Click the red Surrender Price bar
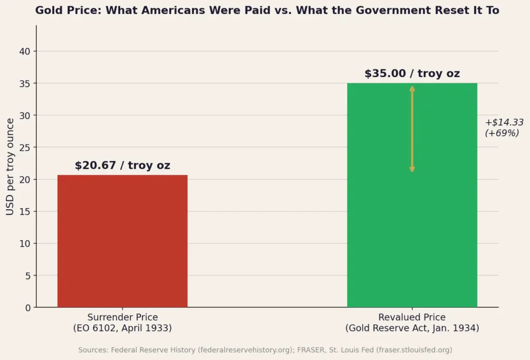tap(122, 241)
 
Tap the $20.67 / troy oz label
tap(122, 166)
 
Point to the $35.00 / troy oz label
tap(412, 74)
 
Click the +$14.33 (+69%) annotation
tap(504, 128)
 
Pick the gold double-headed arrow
tap(412, 129)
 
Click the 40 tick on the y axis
tap(25, 51)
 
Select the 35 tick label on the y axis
tap(25, 83)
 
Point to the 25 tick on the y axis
tap(25, 148)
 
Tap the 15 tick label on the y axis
tap(25, 211)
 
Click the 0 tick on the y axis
tap(27, 308)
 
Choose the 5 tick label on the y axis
tap(27, 276)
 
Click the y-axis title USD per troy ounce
tap(10, 167)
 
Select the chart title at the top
tap(267, 10)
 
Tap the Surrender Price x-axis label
tap(122, 318)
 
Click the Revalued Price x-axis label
tap(412, 318)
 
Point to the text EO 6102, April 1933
tap(122, 328)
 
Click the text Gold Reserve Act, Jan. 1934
tap(412, 328)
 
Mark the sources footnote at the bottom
tap(265, 350)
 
